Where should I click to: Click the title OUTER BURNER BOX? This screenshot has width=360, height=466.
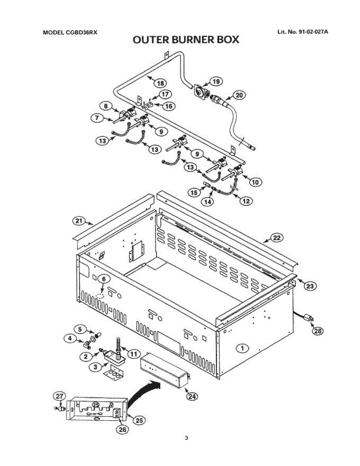[186, 40]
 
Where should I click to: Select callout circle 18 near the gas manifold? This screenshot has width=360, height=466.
[160, 83]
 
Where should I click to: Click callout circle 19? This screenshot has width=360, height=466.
[216, 82]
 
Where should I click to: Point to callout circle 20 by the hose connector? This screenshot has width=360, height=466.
[239, 95]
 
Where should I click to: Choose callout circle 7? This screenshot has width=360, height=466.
[97, 118]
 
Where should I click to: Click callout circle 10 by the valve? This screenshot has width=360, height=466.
[255, 182]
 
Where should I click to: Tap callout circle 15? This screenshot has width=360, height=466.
[194, 193]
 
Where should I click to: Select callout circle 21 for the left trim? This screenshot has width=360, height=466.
[79, 221]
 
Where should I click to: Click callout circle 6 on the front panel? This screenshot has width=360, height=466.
[104, 279]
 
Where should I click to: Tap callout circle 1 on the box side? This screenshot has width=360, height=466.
[242, 348]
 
